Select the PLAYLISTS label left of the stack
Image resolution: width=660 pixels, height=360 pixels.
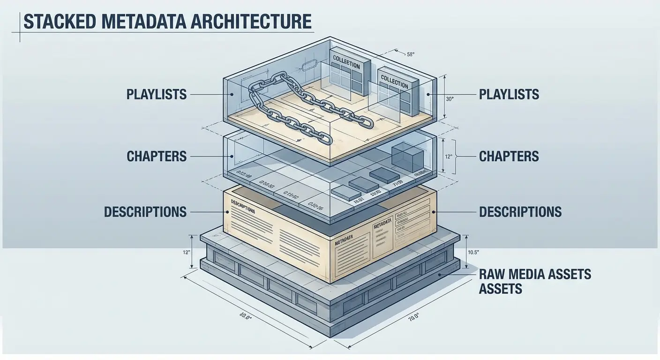(x=157, y=94)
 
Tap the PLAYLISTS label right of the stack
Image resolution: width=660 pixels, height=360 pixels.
(x=509, y=94)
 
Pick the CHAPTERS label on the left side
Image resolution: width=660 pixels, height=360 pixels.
(x=157, y=157)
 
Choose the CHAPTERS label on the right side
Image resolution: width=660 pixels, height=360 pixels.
(x=509, y=157)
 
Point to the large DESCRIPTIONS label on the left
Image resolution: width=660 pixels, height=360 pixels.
(x=145, y=212)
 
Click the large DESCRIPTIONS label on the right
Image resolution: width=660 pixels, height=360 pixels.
(x=520, y=212)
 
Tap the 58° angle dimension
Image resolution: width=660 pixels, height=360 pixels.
(x=411, y=54)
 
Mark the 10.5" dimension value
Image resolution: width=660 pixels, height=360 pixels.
(x=473, y=253)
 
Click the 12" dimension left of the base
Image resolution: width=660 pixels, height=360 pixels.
(x=186, y=253)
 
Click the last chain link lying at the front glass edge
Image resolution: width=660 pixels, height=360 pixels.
(x=323, y=138)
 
